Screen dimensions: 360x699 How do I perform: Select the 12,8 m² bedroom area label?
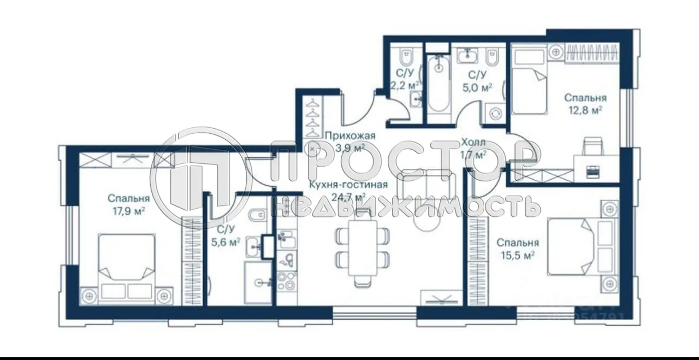click(x=585, y=110)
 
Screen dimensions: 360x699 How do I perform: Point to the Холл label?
click(x=473, y=142)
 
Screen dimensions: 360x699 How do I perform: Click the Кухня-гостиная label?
click(x=348, y=185)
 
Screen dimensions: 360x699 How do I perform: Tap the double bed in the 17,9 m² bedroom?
click(x=127, y=259)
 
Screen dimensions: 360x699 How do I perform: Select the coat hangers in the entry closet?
click(x=312, y=117)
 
